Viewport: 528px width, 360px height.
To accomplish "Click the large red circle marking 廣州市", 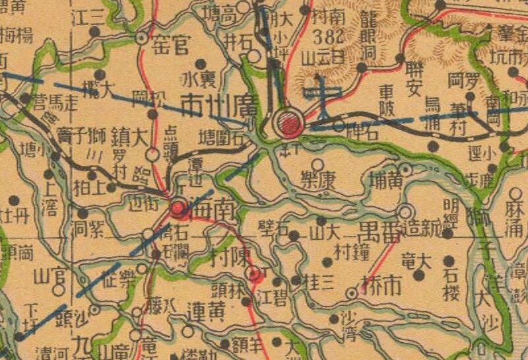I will [x=288, y=122].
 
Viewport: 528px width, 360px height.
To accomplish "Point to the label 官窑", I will [x=170, y=46].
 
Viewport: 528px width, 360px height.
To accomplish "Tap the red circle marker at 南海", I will [x=178, y=209].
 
